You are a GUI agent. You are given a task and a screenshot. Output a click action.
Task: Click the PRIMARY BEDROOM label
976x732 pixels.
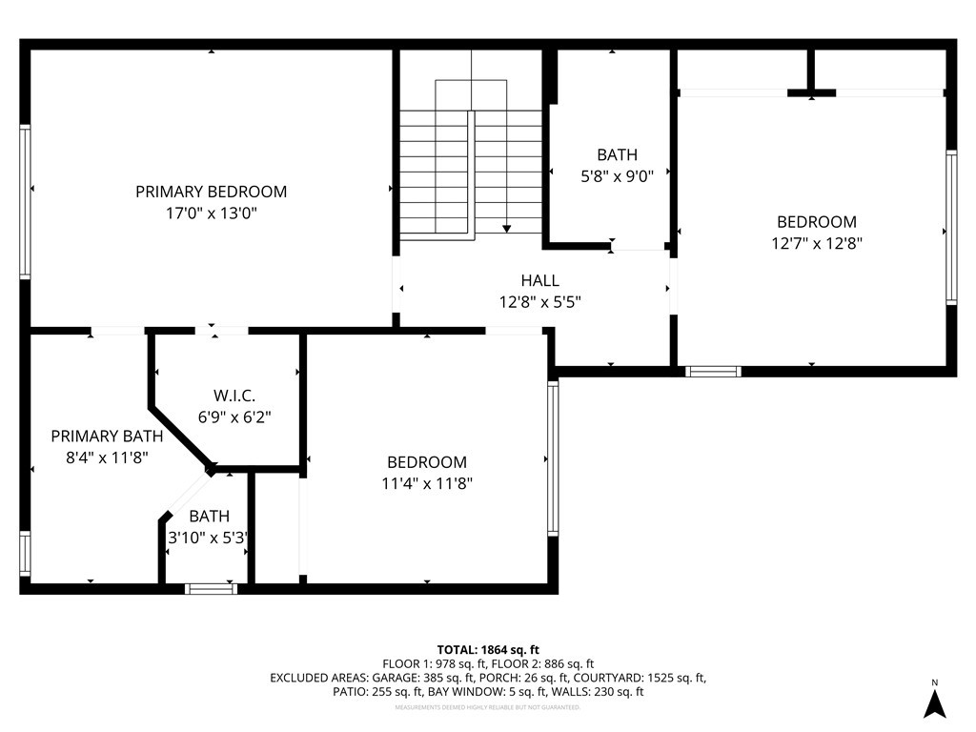[211, 192]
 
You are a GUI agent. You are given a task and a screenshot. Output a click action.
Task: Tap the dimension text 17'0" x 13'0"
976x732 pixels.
[211, 214]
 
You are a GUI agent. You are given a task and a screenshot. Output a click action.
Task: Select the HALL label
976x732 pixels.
[539, 281]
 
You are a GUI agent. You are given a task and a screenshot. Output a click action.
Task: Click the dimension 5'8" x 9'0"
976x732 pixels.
[617, 176]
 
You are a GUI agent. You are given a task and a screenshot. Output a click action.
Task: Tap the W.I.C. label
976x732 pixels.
[234, 395]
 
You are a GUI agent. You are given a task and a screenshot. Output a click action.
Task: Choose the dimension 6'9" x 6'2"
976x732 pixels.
[234, 417]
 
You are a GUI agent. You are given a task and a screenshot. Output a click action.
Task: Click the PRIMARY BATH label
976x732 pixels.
[107, 436]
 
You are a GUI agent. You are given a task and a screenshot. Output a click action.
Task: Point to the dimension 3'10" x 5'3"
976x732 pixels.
[210, 538]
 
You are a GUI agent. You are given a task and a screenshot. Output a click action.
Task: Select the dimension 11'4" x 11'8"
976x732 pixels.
[426, 483]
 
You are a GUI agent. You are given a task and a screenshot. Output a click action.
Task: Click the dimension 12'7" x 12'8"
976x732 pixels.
[816, 243]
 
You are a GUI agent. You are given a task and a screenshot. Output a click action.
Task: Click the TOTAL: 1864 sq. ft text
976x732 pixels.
[488, 648]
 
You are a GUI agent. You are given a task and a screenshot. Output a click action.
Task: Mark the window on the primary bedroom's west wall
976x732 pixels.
[26, 201]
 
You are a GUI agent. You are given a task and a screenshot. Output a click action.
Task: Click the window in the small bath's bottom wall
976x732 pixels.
[211, 588]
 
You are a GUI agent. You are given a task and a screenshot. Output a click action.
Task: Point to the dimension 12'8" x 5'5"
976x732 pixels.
[539, 303]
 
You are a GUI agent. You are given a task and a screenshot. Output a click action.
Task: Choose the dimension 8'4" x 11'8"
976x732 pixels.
[107, 457]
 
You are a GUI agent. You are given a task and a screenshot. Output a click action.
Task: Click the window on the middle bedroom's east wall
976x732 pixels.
[553, 457]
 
